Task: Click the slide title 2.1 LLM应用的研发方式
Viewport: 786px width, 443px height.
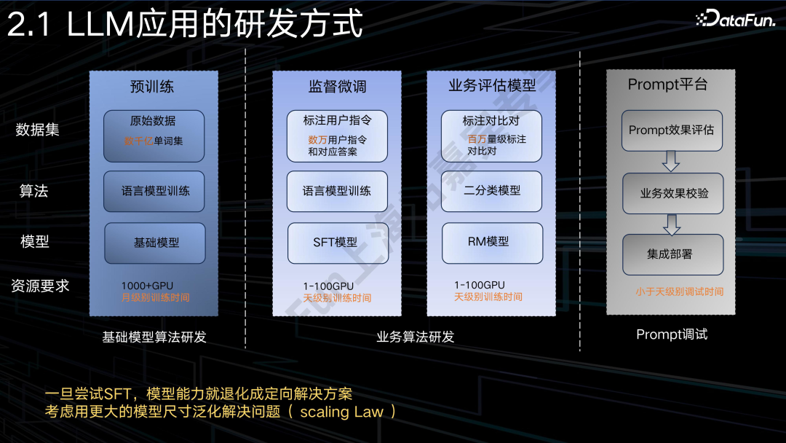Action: coord(186,24)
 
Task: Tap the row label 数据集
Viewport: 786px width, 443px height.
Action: coord(37,130)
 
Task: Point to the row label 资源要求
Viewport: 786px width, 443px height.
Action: coord(40,286)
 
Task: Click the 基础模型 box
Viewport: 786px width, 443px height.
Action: coord(155,243)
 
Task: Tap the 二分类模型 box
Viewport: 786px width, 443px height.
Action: coord(492,191)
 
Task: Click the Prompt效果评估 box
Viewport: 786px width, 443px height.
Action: coord(672,130)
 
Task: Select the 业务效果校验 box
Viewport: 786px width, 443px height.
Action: coord(673,193)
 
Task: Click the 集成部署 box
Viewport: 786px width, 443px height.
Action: coord(672,254)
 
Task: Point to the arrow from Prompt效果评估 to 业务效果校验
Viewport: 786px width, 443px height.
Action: coord(672,161)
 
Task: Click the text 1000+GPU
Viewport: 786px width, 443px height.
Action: coord(147,285)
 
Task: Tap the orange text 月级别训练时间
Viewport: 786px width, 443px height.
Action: coord(155,297)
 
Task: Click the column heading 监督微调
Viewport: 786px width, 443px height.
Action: coord(337,87)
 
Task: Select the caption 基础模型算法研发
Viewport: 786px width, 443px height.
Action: coord(154,337)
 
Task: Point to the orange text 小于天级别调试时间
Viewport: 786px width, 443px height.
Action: coord(679,291)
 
